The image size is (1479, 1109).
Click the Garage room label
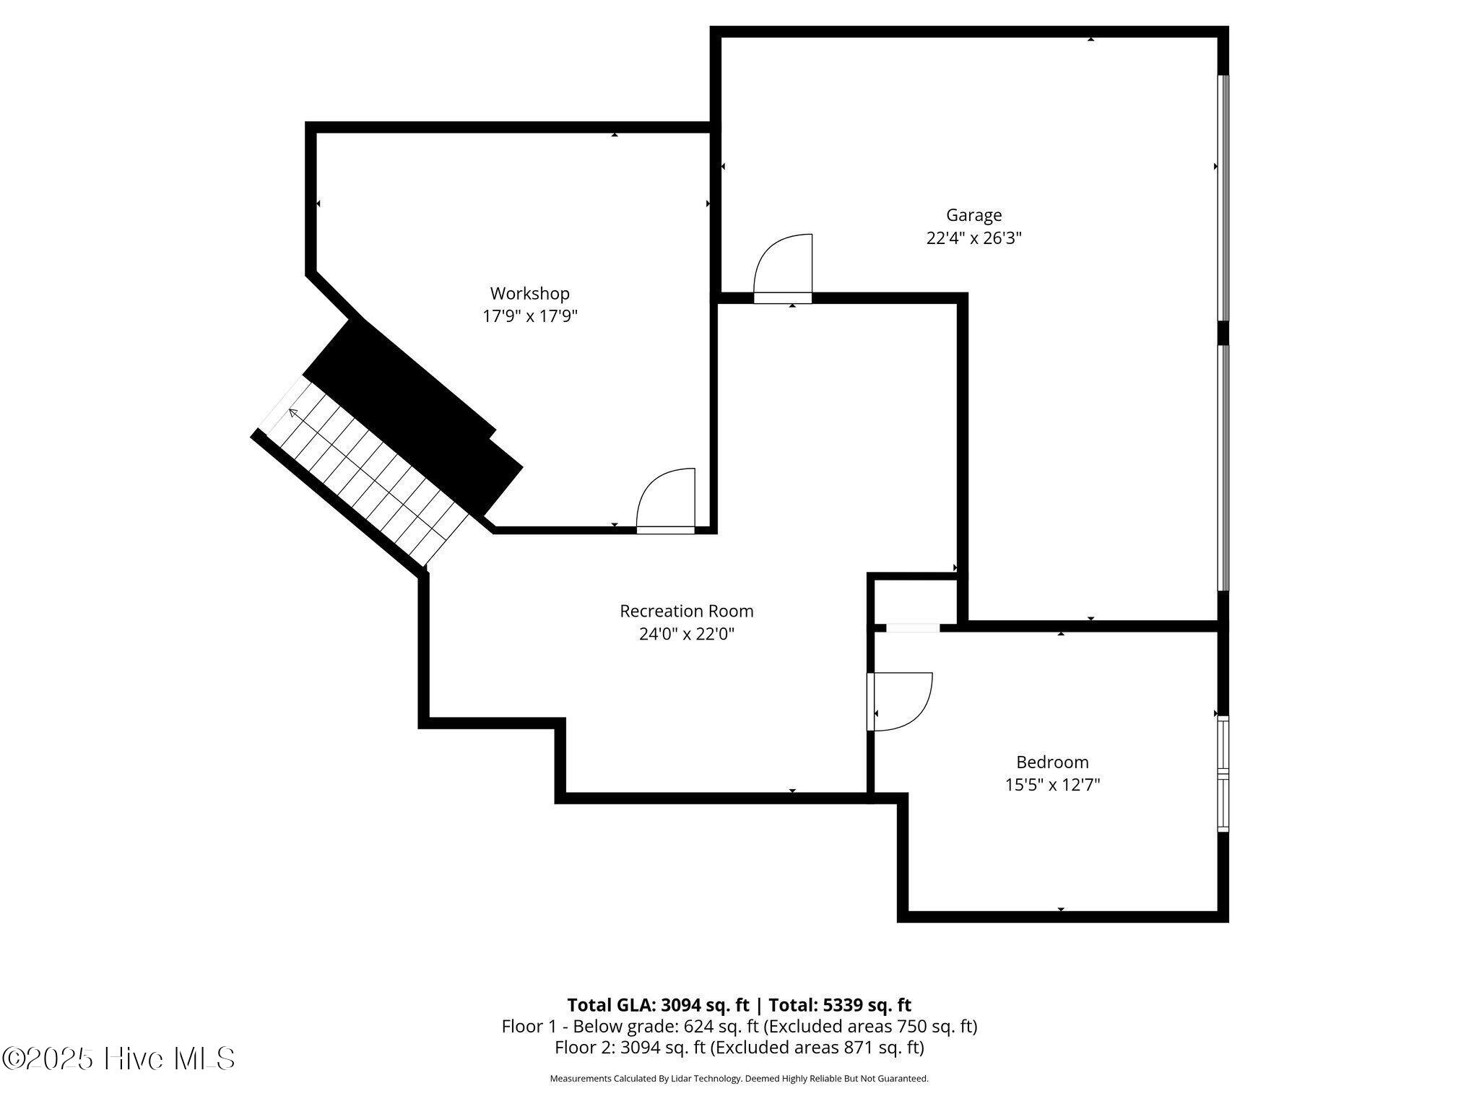[973, 215]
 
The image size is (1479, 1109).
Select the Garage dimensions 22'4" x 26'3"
[973, 238]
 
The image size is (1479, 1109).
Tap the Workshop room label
[529, 294]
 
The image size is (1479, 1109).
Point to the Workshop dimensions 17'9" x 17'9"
[529, 316]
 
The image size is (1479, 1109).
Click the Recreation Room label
[686, 612]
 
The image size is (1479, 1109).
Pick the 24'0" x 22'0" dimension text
[686, 635]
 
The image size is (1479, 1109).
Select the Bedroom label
[1051, 762]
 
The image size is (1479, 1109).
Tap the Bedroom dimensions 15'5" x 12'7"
[1051, 785]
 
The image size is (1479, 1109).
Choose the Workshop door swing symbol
[666, 500]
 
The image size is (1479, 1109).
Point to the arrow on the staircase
[295, 414]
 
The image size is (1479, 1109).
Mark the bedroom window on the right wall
[1223, 774]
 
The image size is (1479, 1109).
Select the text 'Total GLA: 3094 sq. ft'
[657, 1005]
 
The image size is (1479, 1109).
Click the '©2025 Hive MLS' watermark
[118, 1059]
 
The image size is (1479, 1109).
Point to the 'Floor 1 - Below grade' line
[739, 1026]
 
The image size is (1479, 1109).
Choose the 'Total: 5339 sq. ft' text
[839, 1005]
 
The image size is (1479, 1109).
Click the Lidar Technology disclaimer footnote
[739, 1079]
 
